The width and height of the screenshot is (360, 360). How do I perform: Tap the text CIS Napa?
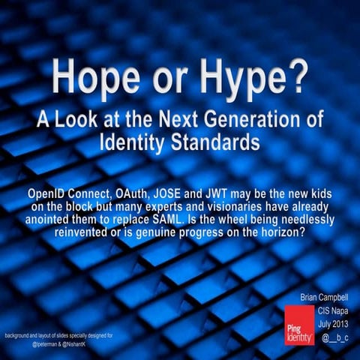331,310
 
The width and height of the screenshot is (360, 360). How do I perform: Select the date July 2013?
331,323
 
